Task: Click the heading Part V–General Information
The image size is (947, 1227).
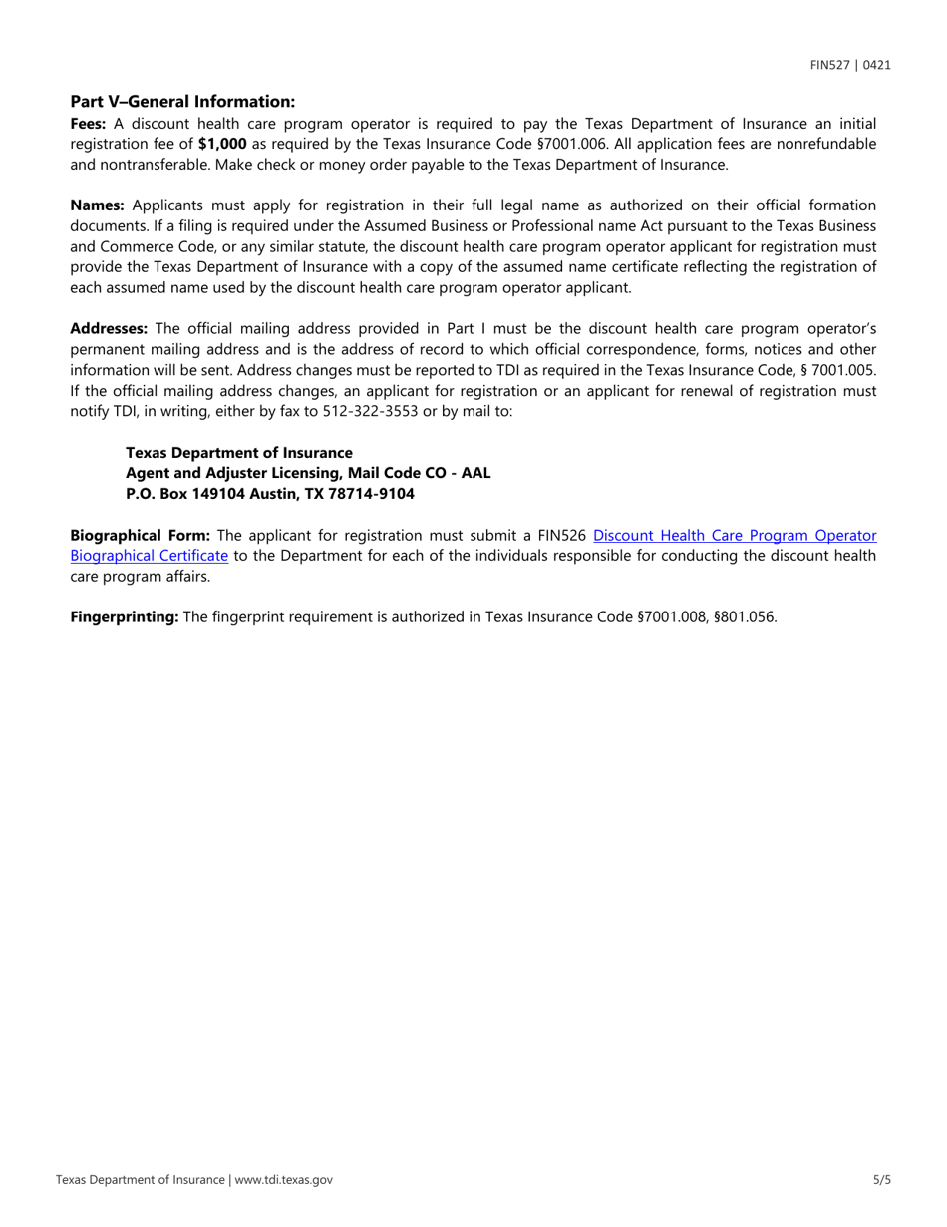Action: (182, 102)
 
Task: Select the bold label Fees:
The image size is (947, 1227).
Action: (88, 124)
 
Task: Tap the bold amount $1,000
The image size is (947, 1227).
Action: (222, 144)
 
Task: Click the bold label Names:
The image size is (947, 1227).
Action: (97, 205)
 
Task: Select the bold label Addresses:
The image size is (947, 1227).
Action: (109, 328)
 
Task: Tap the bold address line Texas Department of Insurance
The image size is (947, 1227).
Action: (238, 453)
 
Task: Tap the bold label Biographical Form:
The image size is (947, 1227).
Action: (140, 535)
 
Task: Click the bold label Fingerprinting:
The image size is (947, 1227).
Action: (125, 616)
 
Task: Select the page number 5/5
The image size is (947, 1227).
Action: (881, 1179)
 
